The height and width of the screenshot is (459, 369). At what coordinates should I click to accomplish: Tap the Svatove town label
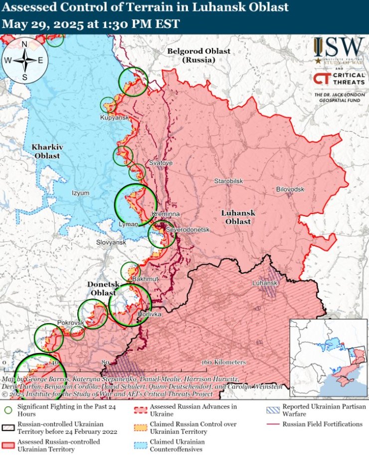[x=161, y=163]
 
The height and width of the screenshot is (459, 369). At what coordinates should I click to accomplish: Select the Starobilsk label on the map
[x=228, y=181]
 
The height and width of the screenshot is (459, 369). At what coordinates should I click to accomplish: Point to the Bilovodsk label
[x=290, y=189]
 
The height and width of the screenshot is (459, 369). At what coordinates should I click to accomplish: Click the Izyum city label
[x=80, y=193]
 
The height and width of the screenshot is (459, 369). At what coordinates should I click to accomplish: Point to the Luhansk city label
[x=264, y=283]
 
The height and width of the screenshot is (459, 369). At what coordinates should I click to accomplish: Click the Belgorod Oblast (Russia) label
[x=198, y=55]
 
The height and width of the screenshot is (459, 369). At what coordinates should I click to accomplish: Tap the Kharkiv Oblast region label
[x=46, y=152]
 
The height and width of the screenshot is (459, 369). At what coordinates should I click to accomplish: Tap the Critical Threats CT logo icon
[x=321, y=79]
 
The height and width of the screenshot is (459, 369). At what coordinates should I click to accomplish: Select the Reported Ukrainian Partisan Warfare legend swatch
[x=272, y=410]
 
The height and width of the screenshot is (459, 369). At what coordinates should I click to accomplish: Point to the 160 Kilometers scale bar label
[x=224, y=362]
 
